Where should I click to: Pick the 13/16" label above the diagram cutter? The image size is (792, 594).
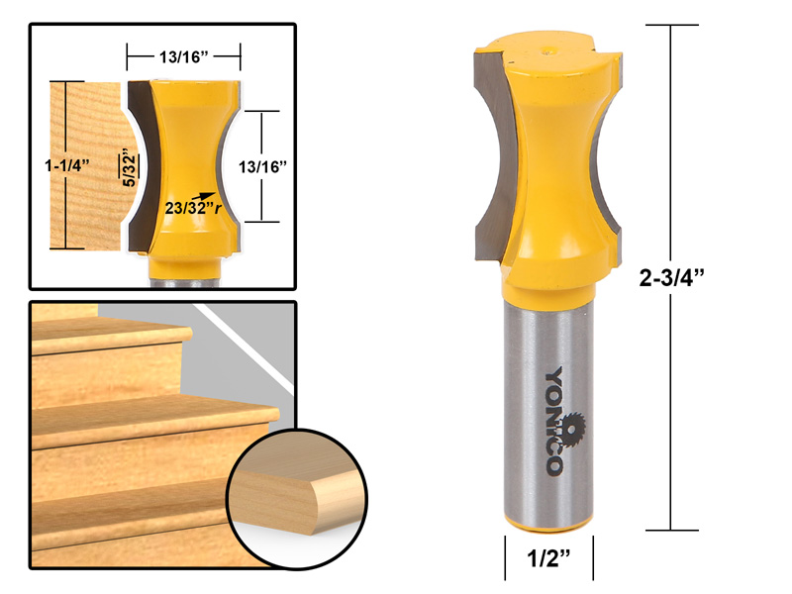tap(183, 56)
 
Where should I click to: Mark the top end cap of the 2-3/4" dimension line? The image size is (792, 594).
tap(673, 27)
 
